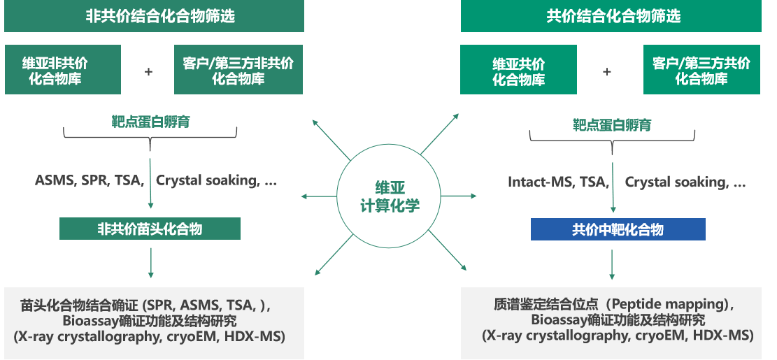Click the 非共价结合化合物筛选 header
click(154, 16)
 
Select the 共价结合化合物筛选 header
click(611, 16)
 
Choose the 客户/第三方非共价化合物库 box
click(238, 70)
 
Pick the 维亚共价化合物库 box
click(518, 71)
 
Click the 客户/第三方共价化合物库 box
click(701, 70)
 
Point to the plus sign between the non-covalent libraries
click(148, 71)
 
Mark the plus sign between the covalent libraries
click(606, 71)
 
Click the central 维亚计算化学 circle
click(389, 196)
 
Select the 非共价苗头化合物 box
click(150, 229)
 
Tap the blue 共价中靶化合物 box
click(618, 229)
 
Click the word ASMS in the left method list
click(55, 180)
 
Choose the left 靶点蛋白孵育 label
click(150, 122)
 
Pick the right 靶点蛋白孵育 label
click(612, 125)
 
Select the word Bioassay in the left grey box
click(89, 322)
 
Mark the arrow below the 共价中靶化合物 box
click(613, 264)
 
